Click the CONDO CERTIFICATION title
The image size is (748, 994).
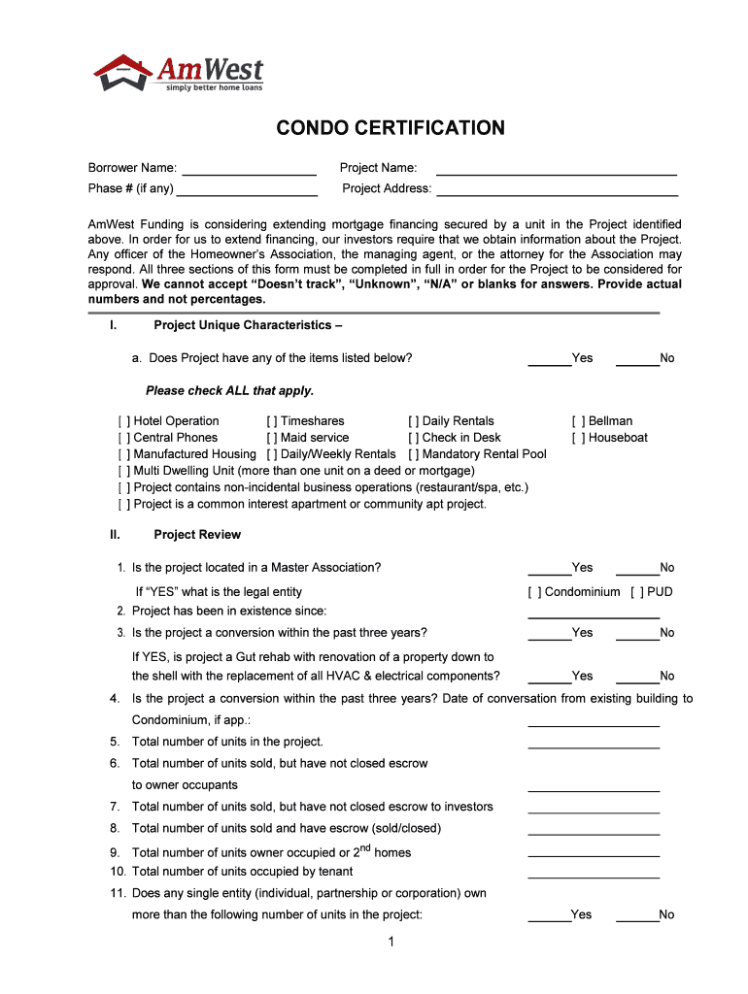point(391,128)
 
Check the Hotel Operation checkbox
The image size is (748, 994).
point(124,421)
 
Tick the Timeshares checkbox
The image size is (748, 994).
point(272,421)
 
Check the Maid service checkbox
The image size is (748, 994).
point(272,438)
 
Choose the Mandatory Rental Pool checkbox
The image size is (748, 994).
point(414,454)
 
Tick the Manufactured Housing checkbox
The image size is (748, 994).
point(124,454)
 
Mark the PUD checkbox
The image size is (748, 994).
point(637,592)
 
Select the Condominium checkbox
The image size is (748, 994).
point(534,592)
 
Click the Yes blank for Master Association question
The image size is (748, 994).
point(549,569)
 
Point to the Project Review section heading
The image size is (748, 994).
point(197,535)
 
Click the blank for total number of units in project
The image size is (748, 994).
point(593,743)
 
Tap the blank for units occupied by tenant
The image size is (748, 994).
point(593,873)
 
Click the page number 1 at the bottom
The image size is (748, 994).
point(389,943)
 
